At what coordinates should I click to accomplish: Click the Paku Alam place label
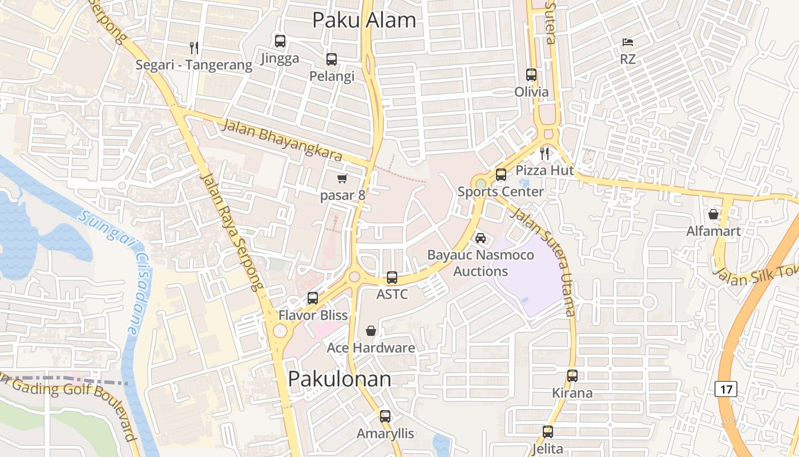[x=364, y=21]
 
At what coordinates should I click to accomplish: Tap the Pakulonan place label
[x=340, y=379]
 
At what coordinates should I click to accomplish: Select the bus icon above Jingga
[x=280, y=41]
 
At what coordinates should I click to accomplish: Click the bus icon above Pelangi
[x=332, y=59]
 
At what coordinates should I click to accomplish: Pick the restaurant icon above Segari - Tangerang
[x=194, y=47]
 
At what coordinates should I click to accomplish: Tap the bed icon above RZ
[x=627, y=42]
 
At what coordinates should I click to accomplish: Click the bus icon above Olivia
[x=531, y=75]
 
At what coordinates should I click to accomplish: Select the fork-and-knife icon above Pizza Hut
[x=544, y=153]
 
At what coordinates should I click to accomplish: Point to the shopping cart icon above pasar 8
[x=342, y=179]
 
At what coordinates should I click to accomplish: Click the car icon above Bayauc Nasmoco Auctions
[x=481, y=238]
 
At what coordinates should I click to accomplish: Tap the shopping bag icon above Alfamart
[x=713, y=214]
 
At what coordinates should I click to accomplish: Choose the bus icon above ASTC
[x=392, y=278]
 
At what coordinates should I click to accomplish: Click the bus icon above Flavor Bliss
[x=313, y=298]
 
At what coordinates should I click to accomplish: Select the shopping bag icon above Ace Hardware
[x=371, y=331]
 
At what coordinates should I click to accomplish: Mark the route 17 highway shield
[x=726, y=390]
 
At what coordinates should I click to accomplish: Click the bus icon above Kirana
[x=572, y=376]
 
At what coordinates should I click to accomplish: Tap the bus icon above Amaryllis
[x=385, y=416]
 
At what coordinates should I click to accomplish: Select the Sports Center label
[x=501, y=191]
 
